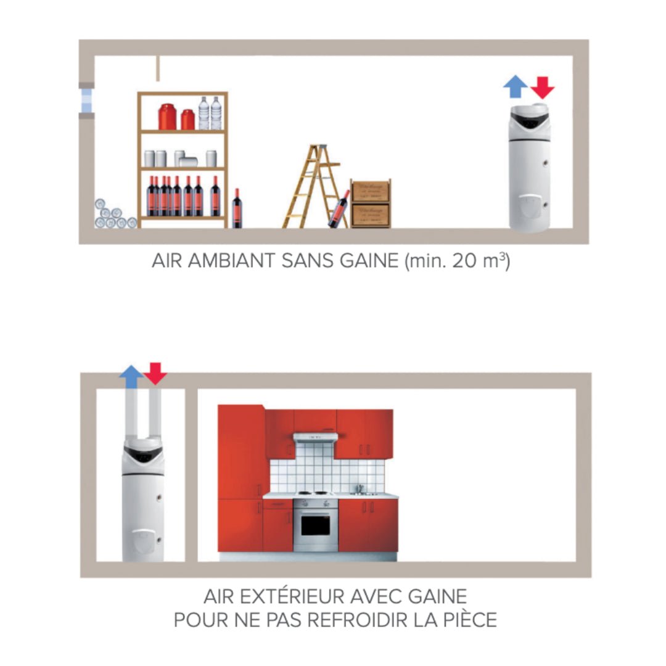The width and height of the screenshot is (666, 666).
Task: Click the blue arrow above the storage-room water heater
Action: tap(515, 87)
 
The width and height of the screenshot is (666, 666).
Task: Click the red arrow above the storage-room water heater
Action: tap(543, 88)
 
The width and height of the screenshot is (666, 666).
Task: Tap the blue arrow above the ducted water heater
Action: tap(131, 376)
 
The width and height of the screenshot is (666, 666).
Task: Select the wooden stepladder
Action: tap(311, 186)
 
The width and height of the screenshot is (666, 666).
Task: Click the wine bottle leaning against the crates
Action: tap(339, 210)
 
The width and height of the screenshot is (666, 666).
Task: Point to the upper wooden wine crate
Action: tap(371, 192)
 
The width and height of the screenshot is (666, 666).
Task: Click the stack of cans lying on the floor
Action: tap(113, 215)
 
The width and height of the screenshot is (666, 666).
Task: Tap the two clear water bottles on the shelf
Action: tap(210, 113)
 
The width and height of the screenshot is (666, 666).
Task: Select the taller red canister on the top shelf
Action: tap(167, 117)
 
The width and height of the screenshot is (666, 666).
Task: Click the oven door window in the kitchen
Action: tap(314, 524)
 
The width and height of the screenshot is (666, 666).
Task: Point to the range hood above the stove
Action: tap(314, 438)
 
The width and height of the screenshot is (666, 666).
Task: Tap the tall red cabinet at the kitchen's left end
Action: tap(240, 478)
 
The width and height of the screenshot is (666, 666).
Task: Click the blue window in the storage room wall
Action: tap(86, 101)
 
